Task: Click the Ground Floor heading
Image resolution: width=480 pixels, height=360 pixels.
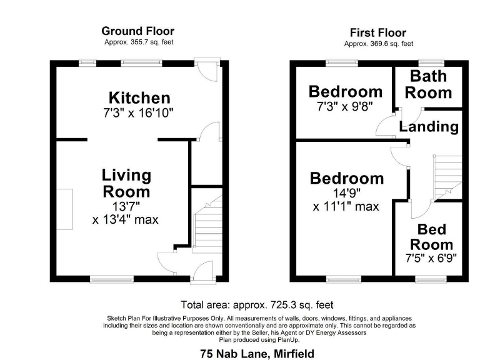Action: tap(137, 31)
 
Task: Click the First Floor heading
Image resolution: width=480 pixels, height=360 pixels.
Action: tap(377, 33)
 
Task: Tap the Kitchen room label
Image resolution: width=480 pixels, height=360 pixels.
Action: tap(139, 98)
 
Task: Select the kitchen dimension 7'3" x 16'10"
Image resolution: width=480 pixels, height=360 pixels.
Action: tap(138, 113)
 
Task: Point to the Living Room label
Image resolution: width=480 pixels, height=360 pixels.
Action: tap(126, 183)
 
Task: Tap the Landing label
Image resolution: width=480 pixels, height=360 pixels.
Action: tap(429, 127)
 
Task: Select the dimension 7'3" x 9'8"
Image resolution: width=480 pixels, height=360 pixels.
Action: tap(345, 106)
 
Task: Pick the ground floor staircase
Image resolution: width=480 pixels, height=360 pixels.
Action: tap(206, 228)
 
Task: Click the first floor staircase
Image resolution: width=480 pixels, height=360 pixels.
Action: tap(446, 175)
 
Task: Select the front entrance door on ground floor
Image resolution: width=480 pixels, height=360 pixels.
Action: tap(204, 271)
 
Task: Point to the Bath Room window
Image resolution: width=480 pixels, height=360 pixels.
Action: tap(427, 61)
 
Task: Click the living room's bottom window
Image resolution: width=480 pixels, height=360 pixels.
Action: tap(112, 278)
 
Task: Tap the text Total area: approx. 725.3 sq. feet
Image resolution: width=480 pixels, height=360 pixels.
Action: tap(257, 305)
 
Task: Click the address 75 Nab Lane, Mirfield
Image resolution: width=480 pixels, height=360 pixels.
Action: tap(257, 354)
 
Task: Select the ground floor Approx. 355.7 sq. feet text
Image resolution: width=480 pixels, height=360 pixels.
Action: tap(139, 42)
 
